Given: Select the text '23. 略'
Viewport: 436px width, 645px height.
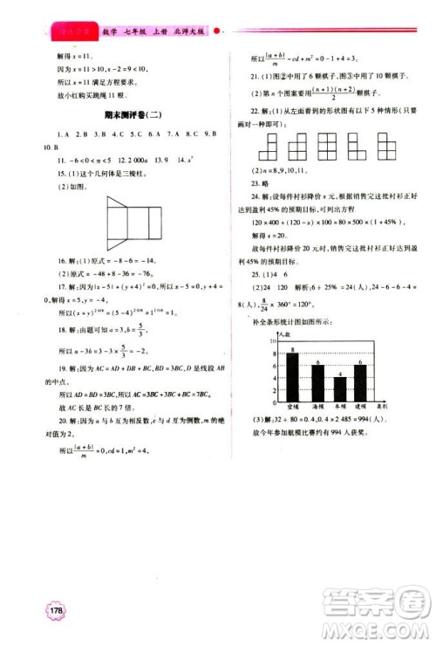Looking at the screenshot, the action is coord(250,184).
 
